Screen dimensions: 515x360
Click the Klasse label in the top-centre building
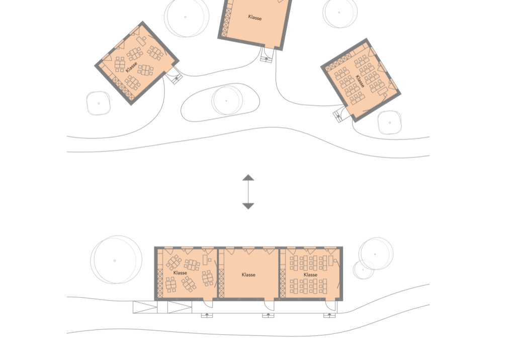(x=255, y=17)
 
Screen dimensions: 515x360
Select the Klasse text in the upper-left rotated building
(x=131, y=67)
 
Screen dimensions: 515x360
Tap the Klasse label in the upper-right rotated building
(x=360, y=81)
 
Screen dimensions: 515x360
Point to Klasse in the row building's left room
(x=180, y=273)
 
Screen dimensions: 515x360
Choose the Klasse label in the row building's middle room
(x=248, y=275)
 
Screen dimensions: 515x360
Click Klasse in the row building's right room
(x=310, y=275)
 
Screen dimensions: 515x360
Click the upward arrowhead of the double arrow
(x=248, y=177)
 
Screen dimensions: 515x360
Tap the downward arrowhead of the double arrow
(x=248, y=206)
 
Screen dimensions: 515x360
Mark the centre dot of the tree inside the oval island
(x=226, y=101)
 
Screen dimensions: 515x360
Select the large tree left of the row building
(x=116, y=259)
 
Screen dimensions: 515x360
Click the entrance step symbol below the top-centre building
(x=266, y=59)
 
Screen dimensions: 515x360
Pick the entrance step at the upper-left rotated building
(x=177, y=78)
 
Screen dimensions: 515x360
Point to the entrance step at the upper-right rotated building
(x=338, y=116)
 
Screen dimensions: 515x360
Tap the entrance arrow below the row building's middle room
(x=268, y=315)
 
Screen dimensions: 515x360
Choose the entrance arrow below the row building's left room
(x=207, y=315)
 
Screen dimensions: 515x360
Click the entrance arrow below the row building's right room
(x=329, y=315)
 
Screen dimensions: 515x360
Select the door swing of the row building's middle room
(x=269, y=305)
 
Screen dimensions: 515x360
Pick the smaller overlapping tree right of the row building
(x=363, y=269)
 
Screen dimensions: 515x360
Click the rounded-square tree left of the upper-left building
(x=99, y=103)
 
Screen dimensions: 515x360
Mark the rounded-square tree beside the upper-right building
(x=390, y=123)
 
